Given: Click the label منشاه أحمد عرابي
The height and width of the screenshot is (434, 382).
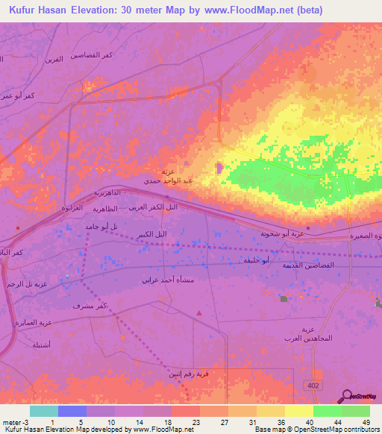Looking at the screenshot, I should (169, 280).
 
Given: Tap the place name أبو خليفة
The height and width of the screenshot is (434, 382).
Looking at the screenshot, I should (256, 260).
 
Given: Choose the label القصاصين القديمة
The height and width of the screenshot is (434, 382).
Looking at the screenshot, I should (308, 265).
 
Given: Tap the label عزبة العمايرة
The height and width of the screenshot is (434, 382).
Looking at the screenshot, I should (34, 323).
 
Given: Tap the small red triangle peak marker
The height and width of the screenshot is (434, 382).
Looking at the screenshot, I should (198, 313).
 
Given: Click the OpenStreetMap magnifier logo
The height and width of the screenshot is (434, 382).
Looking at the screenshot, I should (345, 395).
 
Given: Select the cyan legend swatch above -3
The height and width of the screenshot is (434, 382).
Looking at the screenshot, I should (43, 411).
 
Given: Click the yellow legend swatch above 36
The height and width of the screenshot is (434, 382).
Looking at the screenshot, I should (271, 411).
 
